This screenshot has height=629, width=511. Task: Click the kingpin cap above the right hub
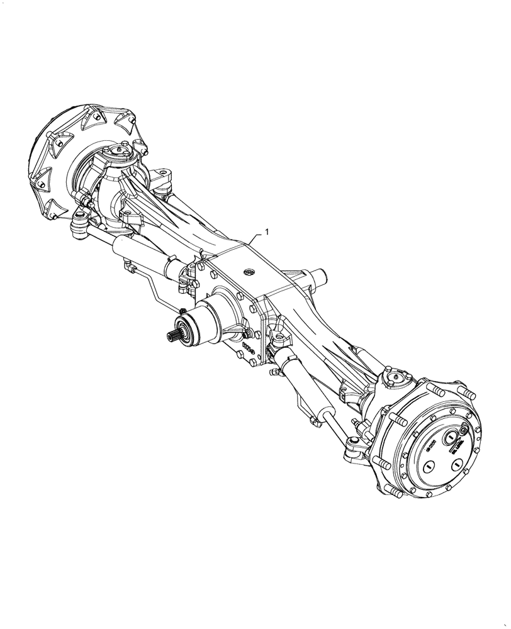click(395, 377)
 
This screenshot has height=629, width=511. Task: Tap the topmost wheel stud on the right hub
click(469, 394)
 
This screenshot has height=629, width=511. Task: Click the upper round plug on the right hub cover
click(452, 438)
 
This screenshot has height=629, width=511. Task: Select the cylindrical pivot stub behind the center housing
click(319, 275)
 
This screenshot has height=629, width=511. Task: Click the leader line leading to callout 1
click(255, 238)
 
